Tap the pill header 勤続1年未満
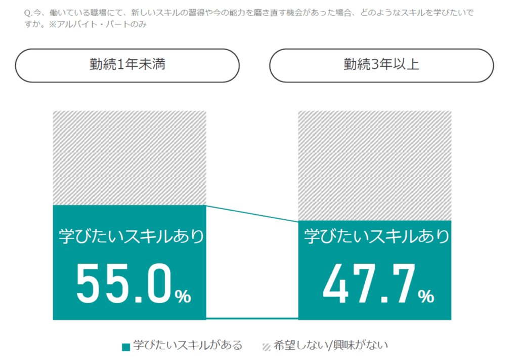(x=127, y=65)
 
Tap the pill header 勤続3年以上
(x=381, y=65)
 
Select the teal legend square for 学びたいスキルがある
(x=126, y=347)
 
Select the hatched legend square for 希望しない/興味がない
(x=266, y=347)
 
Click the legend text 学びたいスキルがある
(x=188, y=346)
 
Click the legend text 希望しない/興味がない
(x=331, y=346)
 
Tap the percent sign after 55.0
(x=183, y=297)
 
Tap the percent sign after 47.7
(x=426, y=296)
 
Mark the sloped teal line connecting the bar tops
(x=252, y=214)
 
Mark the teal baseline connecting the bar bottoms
(x=252, y=318)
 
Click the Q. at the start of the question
(x=27, y=12)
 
